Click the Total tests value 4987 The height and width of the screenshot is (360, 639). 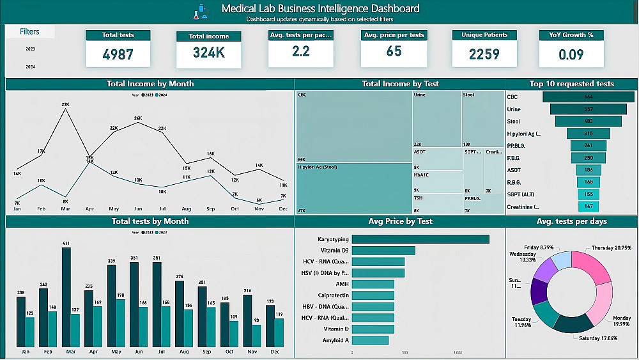click(118, 54)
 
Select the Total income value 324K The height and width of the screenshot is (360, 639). click(208, 53)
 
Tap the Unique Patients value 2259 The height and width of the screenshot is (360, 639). click(484, 54)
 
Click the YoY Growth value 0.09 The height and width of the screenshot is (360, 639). click(571, 54)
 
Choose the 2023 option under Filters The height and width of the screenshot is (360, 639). click(30, 49)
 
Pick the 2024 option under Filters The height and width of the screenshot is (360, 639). click(30, 67)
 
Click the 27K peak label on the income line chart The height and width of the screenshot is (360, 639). click(65, 104)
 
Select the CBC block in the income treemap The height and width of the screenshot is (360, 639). click(354, 126)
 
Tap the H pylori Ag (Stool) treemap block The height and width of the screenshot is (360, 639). click(354, 189)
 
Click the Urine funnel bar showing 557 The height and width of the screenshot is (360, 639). click(589, 109)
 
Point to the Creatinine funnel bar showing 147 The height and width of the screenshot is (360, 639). click(589, 207)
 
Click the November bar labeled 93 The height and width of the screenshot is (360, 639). click(256, 334)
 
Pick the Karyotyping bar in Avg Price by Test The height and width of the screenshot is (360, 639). click(420, 239)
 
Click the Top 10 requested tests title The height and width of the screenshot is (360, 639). click(571, 84)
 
